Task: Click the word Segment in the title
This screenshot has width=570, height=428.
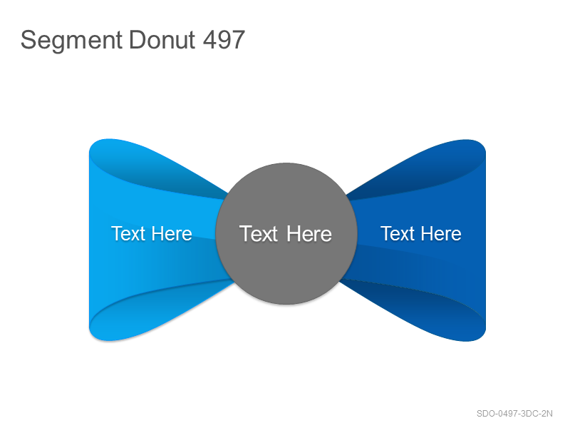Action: click(71, 40)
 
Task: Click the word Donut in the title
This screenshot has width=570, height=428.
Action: click(162, 39)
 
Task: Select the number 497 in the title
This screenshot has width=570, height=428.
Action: click(224, 39)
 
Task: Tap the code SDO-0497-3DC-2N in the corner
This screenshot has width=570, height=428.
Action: click(514, 414)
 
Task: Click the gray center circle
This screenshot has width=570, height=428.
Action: click(286, 234)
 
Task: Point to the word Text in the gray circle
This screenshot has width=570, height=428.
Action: click(259, 234)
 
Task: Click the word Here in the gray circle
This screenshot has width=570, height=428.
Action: click(309, 234)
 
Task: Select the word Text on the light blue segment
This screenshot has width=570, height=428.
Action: click(128, 233)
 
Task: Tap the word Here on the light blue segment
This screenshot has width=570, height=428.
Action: click(172, 233)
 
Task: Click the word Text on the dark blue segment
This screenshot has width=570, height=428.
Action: click(398, 233)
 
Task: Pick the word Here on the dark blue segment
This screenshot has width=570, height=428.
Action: click(441, 233)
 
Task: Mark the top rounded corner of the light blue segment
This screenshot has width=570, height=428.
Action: click(95, 145)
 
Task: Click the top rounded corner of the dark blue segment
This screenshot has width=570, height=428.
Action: click(479, 146)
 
